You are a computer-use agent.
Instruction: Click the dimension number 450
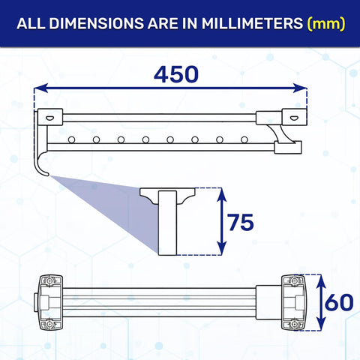[176, 75]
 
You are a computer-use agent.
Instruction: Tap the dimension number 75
[241, 222]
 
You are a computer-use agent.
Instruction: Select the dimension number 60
[339, 302]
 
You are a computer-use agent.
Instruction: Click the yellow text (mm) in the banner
[326, 24]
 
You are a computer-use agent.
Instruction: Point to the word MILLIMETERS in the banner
[253, 23]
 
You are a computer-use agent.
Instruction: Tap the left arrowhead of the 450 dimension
[40, 88]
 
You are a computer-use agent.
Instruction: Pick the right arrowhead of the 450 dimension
[300, 88]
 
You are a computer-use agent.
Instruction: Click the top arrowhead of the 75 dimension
[221, 194]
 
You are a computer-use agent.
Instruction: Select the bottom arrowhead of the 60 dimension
[322, 323]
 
